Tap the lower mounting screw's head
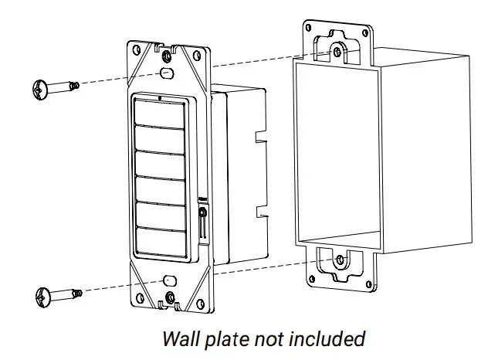pos(42,295)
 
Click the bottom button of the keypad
pos(161,239)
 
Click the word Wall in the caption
pos(178,338)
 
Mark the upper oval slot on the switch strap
pos(165,73)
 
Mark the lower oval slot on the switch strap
pos(170,280)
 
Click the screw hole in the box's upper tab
pos(337,52)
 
